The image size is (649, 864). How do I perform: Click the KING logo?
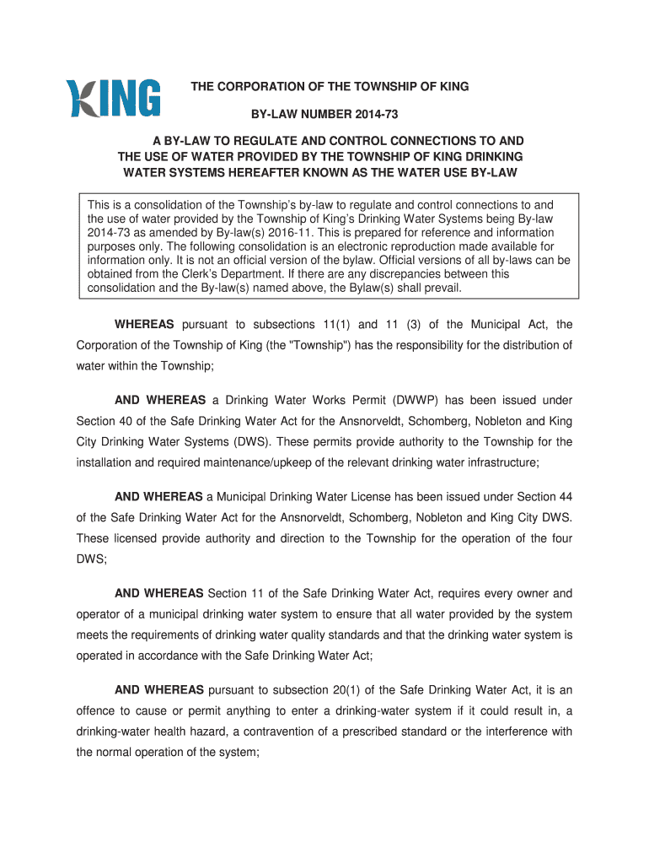point(114,99)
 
